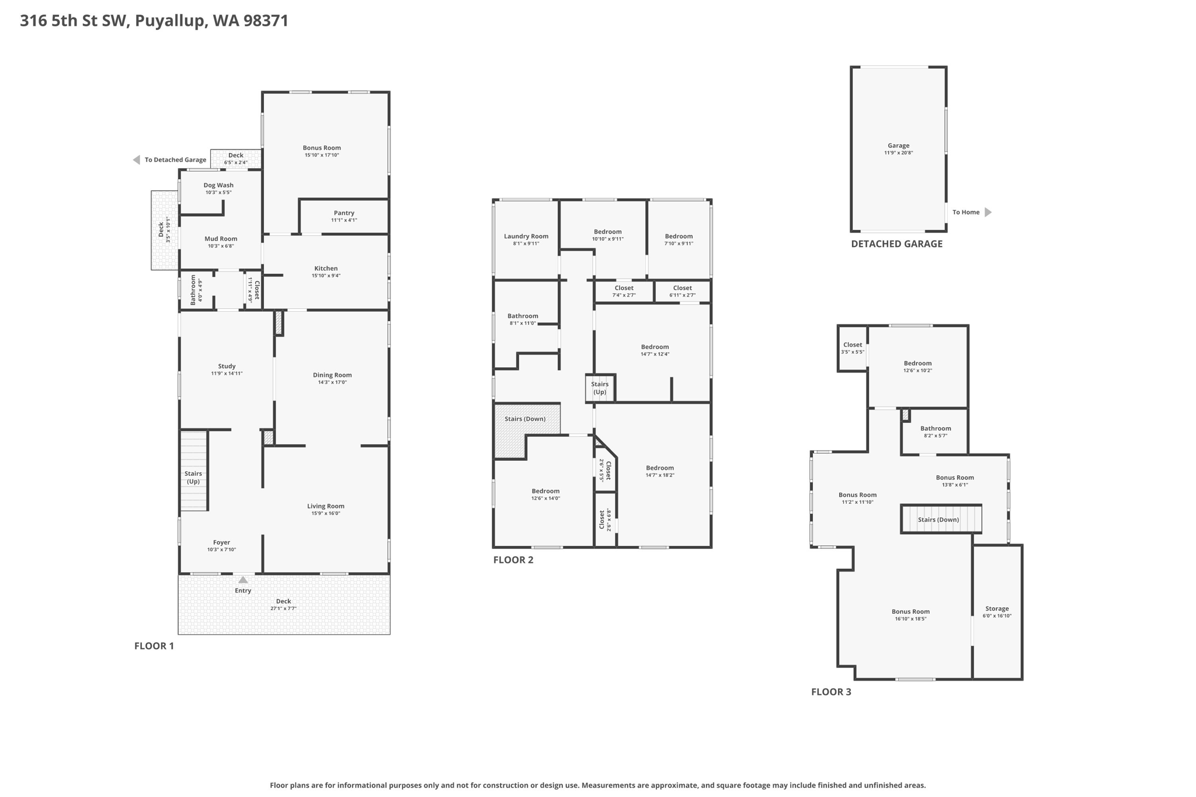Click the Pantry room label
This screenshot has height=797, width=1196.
point(344,213)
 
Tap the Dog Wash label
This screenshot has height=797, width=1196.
point(218,185)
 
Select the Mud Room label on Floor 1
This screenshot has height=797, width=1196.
point(221,239)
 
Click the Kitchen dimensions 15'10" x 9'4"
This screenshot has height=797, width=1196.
point(326,276)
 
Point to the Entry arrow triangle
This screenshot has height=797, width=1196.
point(243,580)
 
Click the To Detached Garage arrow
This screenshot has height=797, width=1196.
point(137,160)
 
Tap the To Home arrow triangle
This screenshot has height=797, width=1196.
point(988,212)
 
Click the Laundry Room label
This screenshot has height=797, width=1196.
point(526,236)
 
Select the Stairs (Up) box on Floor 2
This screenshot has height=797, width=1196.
point(600,388)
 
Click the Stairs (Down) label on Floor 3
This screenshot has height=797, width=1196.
point(938,520)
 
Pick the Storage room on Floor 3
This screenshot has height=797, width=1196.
point(997,612)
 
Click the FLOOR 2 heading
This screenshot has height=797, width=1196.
point(513,560)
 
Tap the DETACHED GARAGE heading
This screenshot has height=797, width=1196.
point(896,244)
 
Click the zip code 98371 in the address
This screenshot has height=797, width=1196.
point(266,21)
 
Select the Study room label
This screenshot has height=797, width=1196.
point(227,366)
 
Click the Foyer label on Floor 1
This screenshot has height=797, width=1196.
point(221,542)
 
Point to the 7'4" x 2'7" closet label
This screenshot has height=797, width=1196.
point(624,295)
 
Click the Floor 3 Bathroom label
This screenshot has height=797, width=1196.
point(936,429)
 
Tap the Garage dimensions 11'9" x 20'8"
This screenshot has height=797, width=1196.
point(898,153)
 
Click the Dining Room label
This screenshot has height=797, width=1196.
point(332,375)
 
